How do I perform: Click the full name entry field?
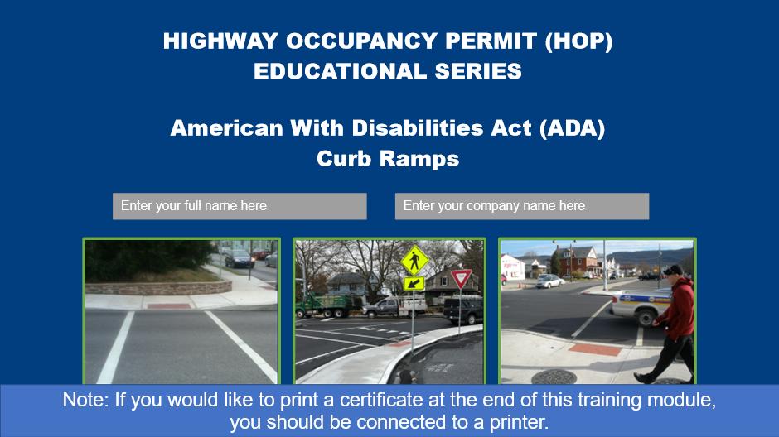pyautogui.click(x=240, y=206)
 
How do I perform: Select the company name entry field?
pyautogui.click(x=521, y=206)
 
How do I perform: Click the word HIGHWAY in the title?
pyautogui.click(x=220, y=41)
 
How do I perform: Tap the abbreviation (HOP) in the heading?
pyautogui.click(x=578, y=41)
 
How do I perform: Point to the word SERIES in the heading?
pyautogui.click(x=478, y=71)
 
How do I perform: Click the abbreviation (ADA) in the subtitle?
pyautogui.click(x=573, y=128)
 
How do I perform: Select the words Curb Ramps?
pyautogui.click(x=388, y=159)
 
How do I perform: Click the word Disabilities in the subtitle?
pyautogui.click(x=418, y=128)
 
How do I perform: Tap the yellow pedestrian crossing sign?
pyautogui.click(x=414, y=261)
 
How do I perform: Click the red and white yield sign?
pyautogui.click(x=461, y=278)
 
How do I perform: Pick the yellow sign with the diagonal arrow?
pyautogui.click(x=414, y=283)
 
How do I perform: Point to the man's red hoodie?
pyautogui.click(x=678, y=309)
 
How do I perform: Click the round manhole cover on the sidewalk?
pyautogui.click(x=554, y=377)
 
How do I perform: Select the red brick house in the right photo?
pyautogui.click(x=578, y=261)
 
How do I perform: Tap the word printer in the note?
pyautogui.click(x=519, y=423)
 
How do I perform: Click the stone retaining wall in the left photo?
pyautogui.click(x=158, y=288)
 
